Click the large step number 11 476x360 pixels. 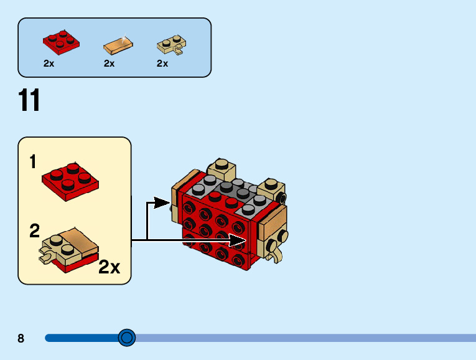click(x=29, y=100)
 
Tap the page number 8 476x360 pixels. click(x=21, y=338)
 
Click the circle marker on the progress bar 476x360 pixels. click(x=126, y=338)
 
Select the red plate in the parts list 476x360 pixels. click(x=61, y=40)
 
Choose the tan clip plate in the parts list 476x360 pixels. click(x=170, y=45)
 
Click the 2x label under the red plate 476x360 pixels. click(x=49, y=64)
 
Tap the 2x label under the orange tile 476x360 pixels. click(x=109, y=64)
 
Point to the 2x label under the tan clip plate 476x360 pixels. click(x=162, y=64)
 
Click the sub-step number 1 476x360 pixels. click(x=33, y=163)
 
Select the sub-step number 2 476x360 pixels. click(x=34, y=231)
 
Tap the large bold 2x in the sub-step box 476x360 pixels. click(x=109, y=267)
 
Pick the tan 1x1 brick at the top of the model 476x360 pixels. click(x=222, y=168)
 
